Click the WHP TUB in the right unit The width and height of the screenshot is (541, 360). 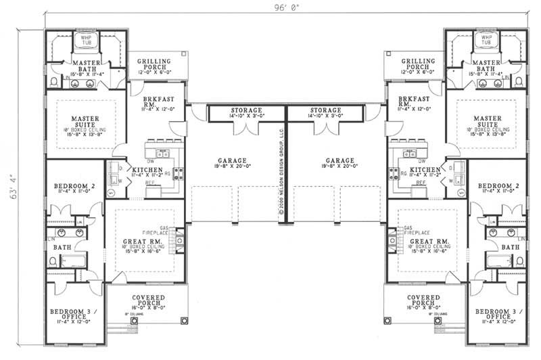tap(482, 41)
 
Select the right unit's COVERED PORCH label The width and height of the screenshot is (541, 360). tap(424, 301)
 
